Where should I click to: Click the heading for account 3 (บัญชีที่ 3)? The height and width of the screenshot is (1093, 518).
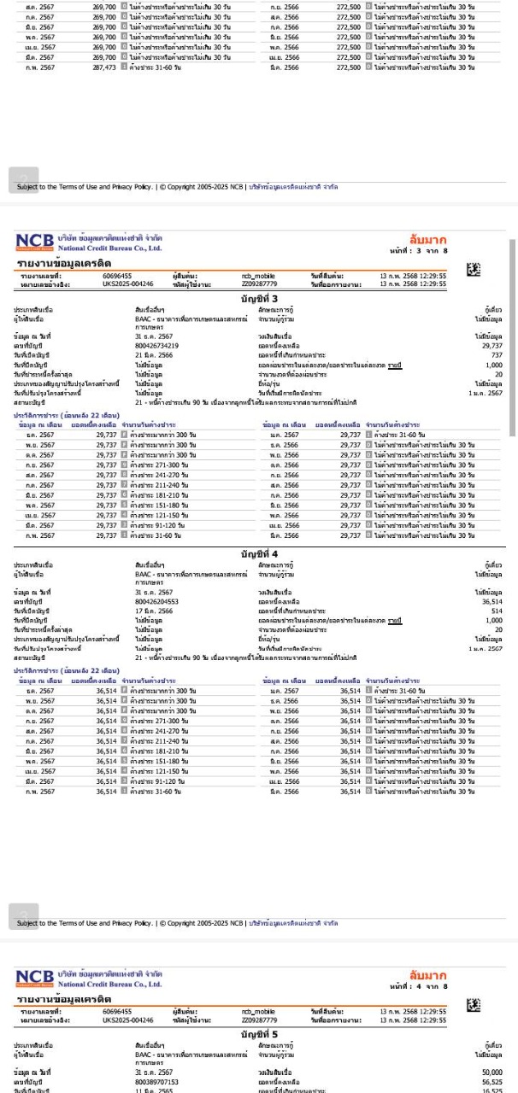(258, 297)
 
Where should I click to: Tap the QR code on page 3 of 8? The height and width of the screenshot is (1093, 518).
(473, 270)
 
